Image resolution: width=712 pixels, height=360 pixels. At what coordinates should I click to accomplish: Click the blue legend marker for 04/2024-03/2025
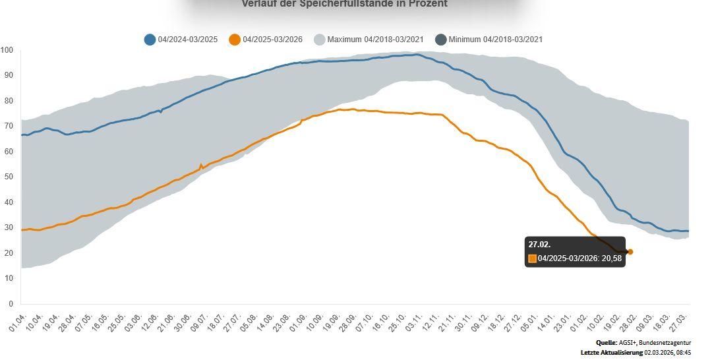[x=150, y=40]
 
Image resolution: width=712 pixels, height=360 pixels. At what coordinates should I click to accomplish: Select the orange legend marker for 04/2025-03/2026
[x=235, y=40]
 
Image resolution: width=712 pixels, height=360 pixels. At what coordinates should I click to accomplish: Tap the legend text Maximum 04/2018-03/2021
[x=375, y=40]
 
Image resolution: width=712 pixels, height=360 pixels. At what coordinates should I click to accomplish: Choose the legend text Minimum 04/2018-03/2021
[x=495, y=40]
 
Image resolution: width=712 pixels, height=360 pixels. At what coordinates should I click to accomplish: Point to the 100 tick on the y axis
[x=7, y=51]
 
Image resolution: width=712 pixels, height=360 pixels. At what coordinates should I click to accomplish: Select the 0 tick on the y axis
[x=10, y=304]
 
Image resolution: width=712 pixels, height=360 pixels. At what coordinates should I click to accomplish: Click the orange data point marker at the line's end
[x=630, y=252]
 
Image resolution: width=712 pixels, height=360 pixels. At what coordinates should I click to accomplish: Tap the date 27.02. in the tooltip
[x=539, y=245]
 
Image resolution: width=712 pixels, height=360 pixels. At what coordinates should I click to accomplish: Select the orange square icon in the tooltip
[x=533, y=258]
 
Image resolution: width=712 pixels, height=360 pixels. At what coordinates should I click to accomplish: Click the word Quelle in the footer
[x=606, y=343]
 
